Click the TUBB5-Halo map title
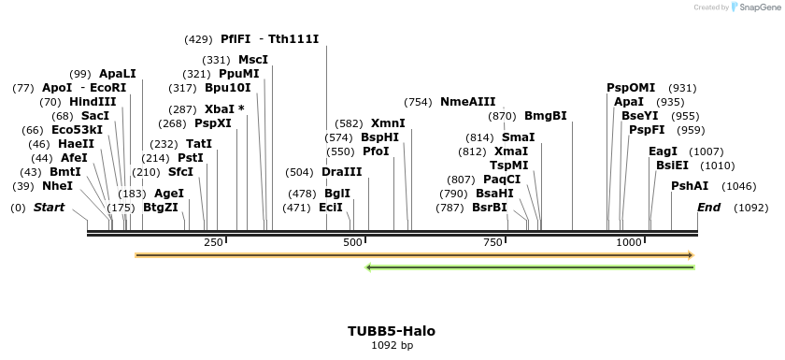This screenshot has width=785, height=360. [392, 331]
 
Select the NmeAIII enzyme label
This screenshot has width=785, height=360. [468, 102]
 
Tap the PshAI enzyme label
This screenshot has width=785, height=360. [688, 186]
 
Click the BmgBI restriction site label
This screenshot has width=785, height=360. [546, 116]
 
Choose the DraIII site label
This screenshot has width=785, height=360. [342, 172]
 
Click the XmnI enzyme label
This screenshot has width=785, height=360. [388, 123]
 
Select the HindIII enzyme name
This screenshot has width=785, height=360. [93, 102]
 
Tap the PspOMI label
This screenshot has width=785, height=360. [633, 88]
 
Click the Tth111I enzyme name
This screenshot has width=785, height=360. [293, 39]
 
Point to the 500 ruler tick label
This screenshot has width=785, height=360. [353, 243]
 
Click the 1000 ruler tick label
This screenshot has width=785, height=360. [629, 243]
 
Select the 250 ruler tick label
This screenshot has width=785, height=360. [213, 243]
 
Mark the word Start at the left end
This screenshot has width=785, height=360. [50, 207]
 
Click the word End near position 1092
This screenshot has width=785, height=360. [709, 207]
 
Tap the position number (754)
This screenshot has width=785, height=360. [419, 102]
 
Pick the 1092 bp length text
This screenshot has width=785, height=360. [392, 346]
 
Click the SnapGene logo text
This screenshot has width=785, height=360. [759, 7]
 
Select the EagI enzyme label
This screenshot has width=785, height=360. [663, 151]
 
